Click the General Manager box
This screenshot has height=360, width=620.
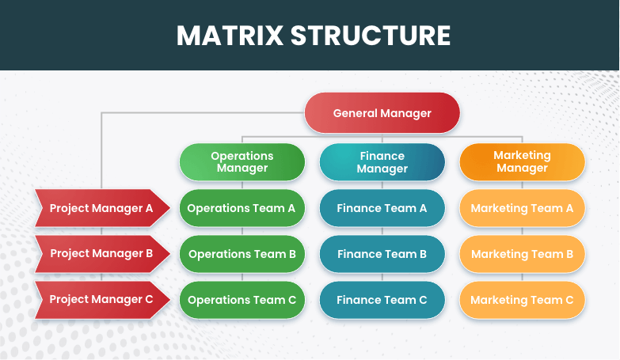(x=382, y=113)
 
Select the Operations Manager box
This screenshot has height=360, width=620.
(x=242, y=162)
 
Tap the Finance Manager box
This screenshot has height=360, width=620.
(x=382, y=162)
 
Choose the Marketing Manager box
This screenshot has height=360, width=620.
(x=522, y=162)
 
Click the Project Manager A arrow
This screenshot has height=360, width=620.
(x=102, y=208)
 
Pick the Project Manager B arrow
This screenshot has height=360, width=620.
(x=102, y=254)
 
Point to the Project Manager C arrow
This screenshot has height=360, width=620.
(x=102, y=300)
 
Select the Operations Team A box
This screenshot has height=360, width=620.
(x=242, y=208)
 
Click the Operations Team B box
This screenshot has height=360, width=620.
(x=242, y=254)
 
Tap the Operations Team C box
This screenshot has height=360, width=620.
(x=242, y=300)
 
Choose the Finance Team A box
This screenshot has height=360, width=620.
(x=382, y=208)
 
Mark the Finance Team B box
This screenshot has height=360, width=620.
(x=382, y=254)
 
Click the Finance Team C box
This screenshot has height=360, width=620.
(x=382, y=300)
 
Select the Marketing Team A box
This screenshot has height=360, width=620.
(x=522, y=208)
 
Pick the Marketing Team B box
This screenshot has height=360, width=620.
(x=522, y=254)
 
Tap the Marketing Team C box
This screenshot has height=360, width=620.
(x=522, y=300)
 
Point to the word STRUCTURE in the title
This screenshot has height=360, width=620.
(x=371, y=36)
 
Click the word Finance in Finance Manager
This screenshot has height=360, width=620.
(x=382, y=156)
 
